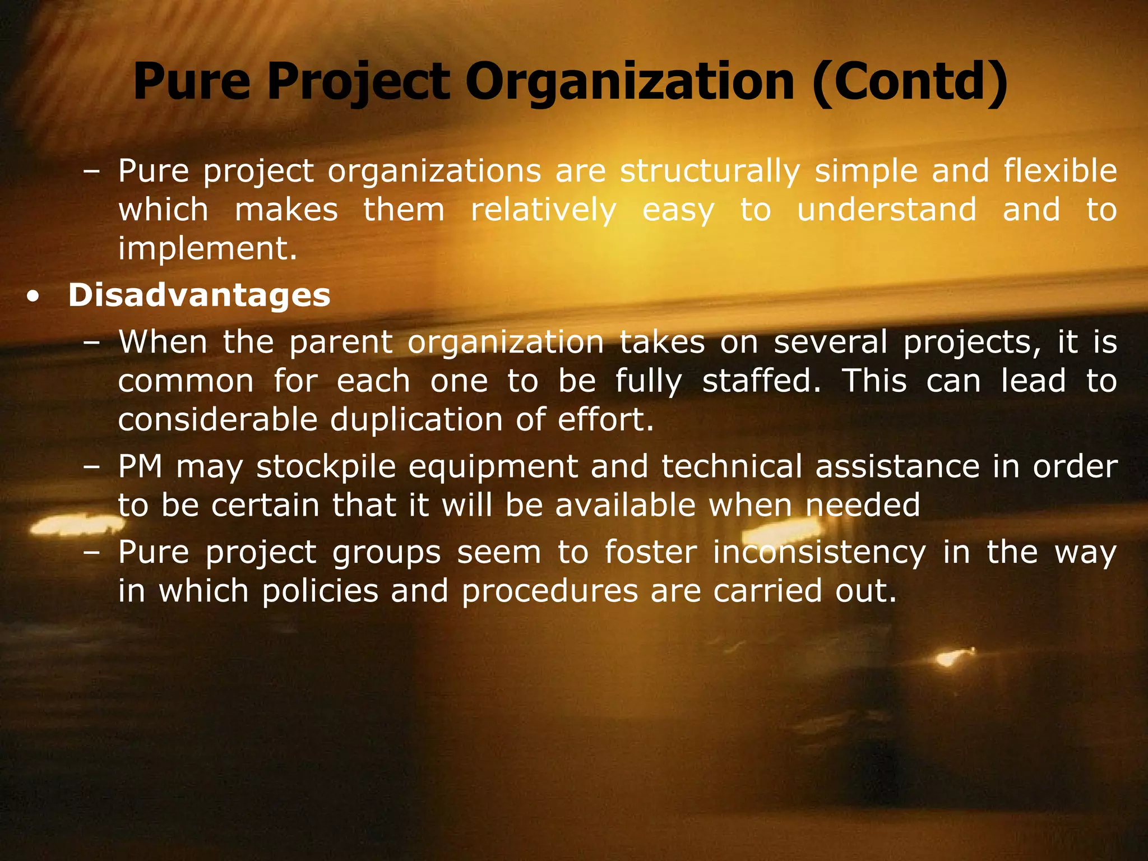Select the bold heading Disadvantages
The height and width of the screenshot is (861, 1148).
[x=199, y=295]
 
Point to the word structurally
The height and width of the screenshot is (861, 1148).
[x=710, y=171]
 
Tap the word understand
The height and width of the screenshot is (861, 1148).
[x=887, y=210]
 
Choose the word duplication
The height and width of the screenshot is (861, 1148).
[x=416, y=420]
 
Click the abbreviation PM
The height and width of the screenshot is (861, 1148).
[x=140, y=466]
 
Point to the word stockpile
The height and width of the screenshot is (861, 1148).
[x=326, y=466]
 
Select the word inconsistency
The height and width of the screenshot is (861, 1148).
[x=820, y=553]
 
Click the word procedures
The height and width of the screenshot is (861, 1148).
[x=550, y=591]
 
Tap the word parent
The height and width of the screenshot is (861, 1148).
[x=341, y=342]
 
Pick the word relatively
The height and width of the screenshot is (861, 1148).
[x=543, y=210]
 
